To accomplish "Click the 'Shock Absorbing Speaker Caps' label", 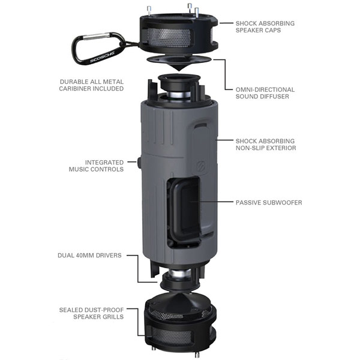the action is coord(265,26).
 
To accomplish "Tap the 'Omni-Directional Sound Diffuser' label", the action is coord(265,93).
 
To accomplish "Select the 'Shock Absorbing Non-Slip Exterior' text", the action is coord(266,145).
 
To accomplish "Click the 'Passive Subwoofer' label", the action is coord(269,203).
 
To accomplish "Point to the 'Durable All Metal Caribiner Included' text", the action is coord(91,85).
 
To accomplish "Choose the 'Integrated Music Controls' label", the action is coord(96,166).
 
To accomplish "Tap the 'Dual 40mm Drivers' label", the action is coord(89,256).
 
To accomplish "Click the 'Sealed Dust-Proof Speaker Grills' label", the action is coord(91,313).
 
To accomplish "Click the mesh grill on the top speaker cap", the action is coord(169,37).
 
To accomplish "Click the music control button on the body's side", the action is coord(139,163).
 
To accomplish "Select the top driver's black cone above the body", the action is coord(177,82).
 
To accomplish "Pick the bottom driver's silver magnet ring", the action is coord(179,274).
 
